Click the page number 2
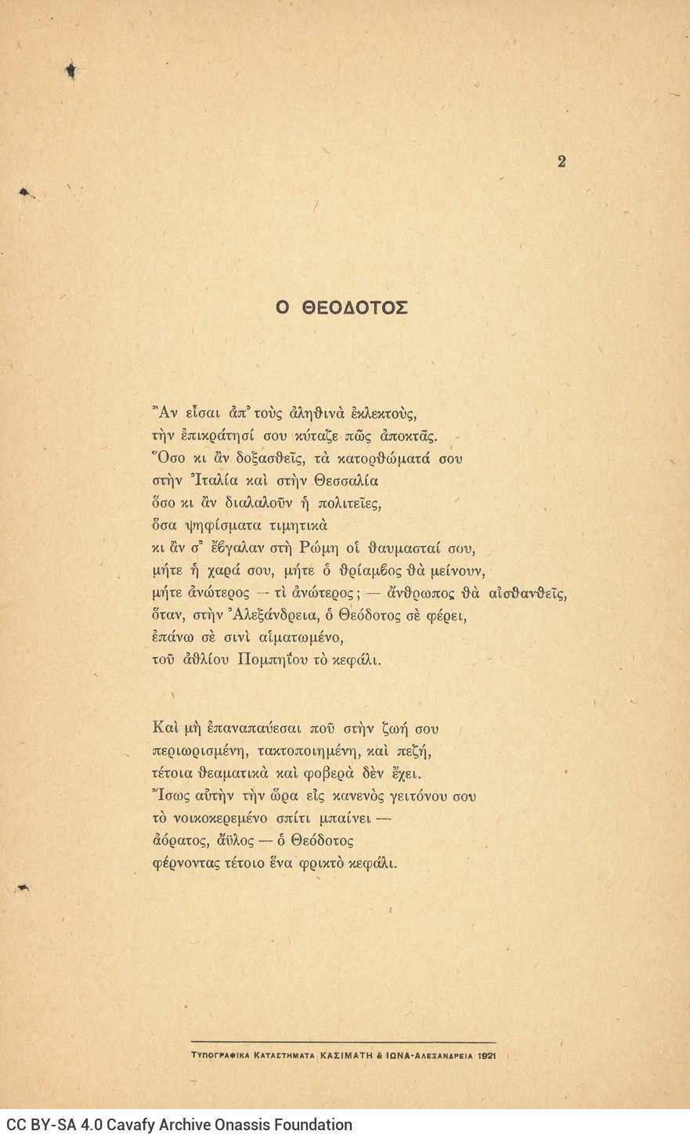pyautogui.click(x=561, y=162)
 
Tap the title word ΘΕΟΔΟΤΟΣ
pyautogui.click(x=355, y=308)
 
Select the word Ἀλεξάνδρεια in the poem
pyautogui.click(x=284, y=616)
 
